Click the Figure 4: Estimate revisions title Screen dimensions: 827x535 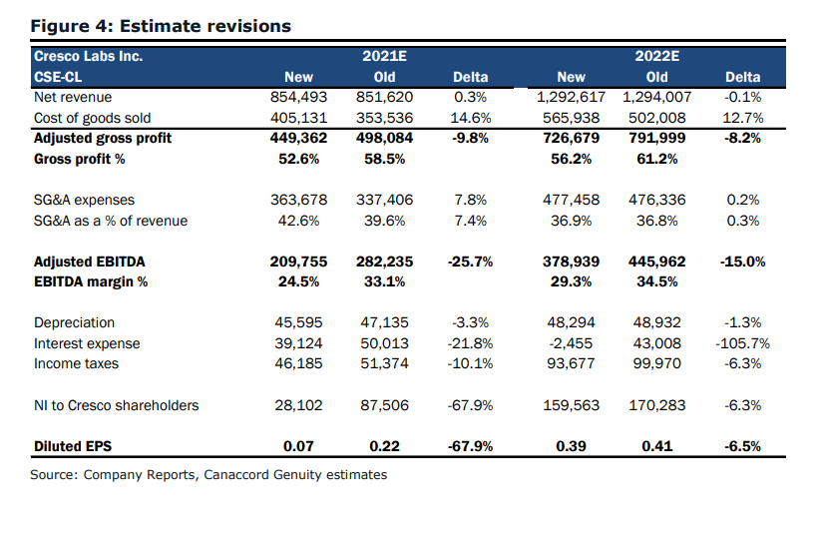(161, 26)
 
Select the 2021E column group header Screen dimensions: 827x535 (384, 56)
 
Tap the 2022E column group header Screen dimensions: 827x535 (656, 56)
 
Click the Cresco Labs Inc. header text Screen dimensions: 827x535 (88, 56)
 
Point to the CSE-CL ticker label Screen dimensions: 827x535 (58, 77)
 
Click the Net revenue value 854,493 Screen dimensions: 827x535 (298, 97)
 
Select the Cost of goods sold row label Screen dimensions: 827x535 (93, 118)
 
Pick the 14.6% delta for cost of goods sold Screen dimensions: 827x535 (471, 118)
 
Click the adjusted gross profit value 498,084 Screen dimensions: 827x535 (384, 138)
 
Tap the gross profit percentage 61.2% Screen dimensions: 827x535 (656, 159)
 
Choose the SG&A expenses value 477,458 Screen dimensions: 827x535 (572, 200)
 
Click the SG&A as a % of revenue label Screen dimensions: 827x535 (110, 221)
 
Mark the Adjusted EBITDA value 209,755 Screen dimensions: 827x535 (298, 262)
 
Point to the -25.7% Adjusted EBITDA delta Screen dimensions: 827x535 (471, 262)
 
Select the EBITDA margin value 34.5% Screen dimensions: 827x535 (656, 281)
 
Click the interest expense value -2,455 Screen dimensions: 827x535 (572, 343)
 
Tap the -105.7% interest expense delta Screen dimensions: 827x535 (742, 343)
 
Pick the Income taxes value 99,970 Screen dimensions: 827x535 (656, 363)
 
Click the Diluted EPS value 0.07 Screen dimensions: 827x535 (298, 446)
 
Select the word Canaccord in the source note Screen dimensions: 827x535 (236, 475)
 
